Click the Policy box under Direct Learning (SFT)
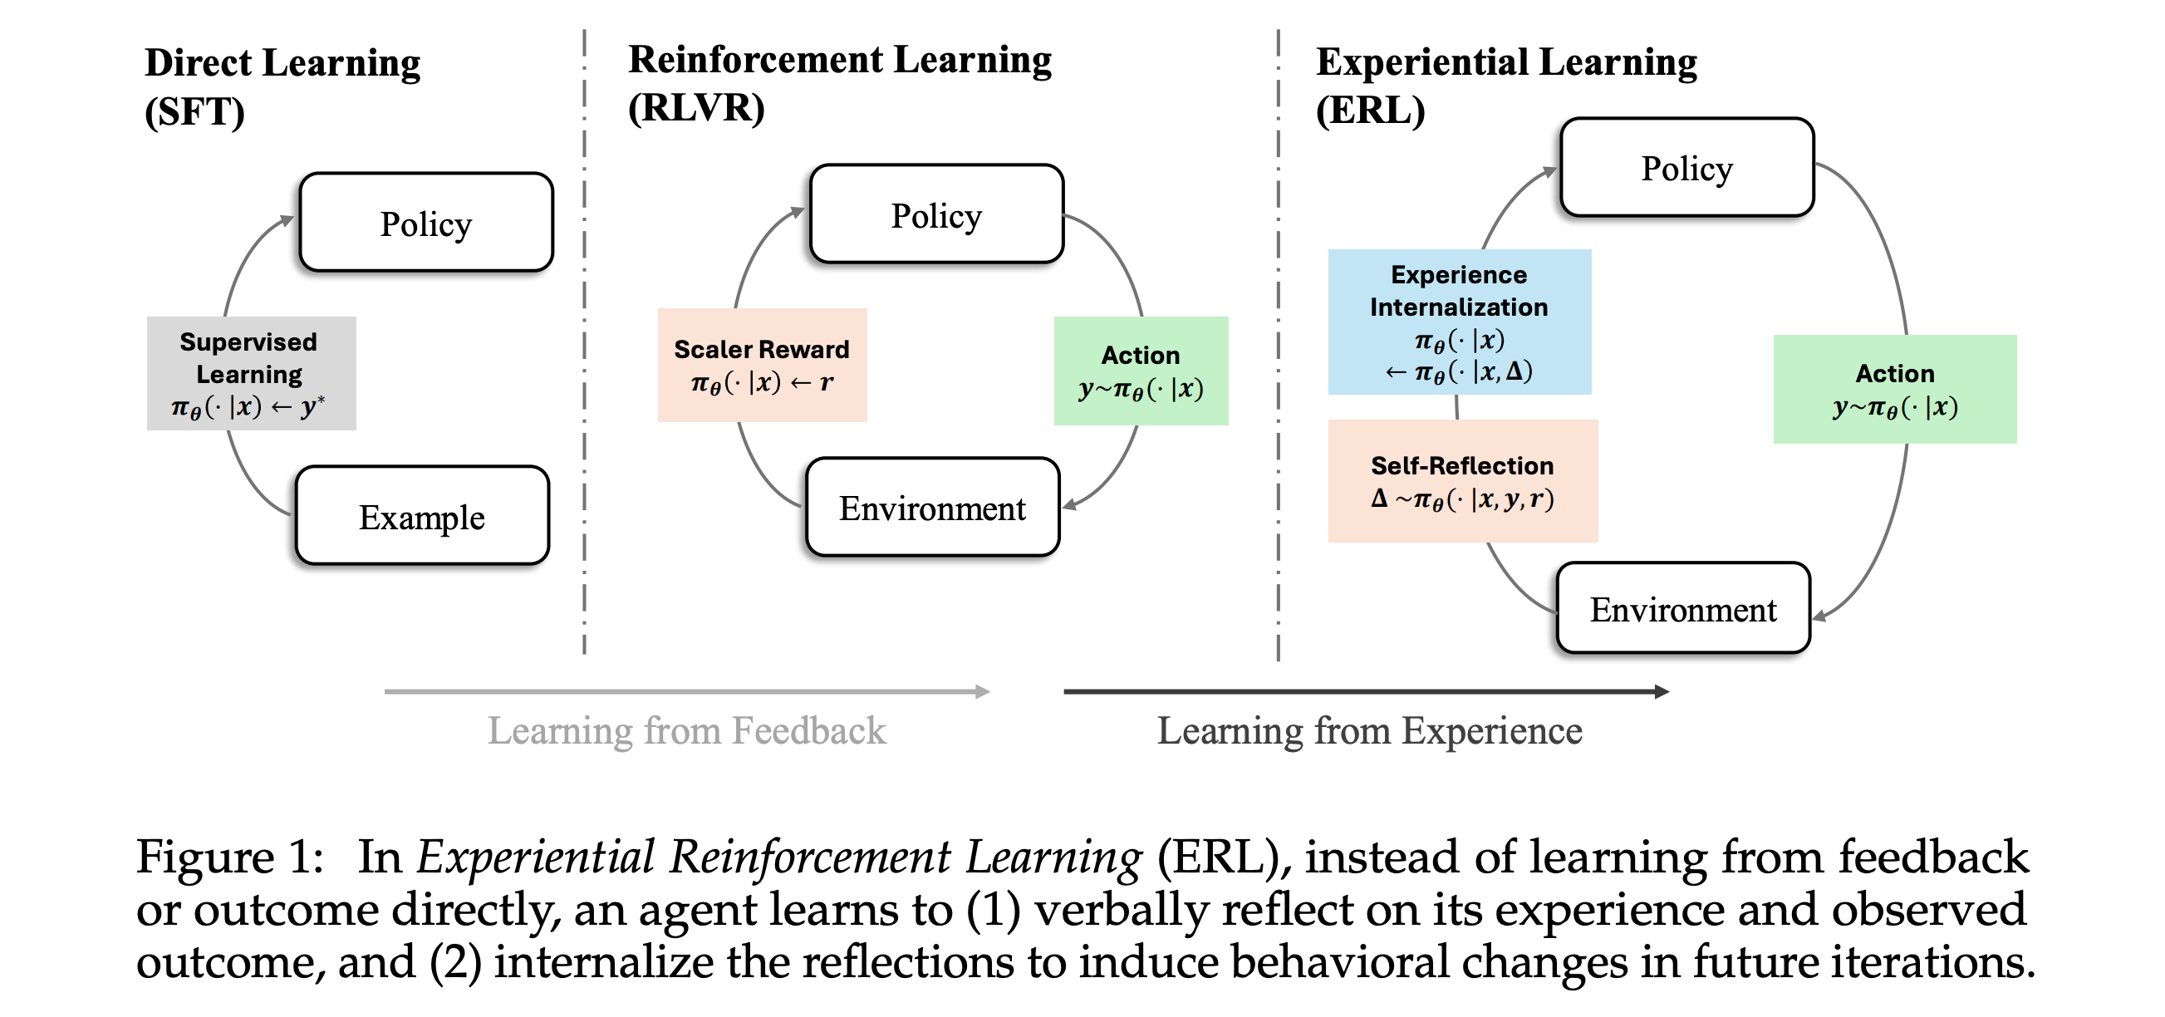pyautogui.click(x=426, y=223)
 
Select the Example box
pyautogui.click(x=422, y=516)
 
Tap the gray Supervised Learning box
pyautogui.click(x=250, y=373)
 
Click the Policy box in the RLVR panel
pyautogui.click(x=936, y=214)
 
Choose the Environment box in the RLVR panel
pyautogui.click(x=932, y=508)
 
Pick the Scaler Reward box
pyautogui.click(x=762, y=365)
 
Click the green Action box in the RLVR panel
pyautogui.click(x=1141, y=371)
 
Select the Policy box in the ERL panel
pyautogui.click(x=1686, y=167)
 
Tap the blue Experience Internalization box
pyautogui.click(x=1459, y=322)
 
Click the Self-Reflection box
pyautogui.click(x=1462, y=481)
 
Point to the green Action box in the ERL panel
pyautogui.click(x=1894, y=389)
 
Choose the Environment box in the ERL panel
pyautogui.click(x=1682, y=608)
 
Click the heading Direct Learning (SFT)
pyautogui.click(x=282, y=86)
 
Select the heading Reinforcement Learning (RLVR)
pyautogui.click(x=839, y=82)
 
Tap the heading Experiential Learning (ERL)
pyautogui.click(x=1505, y=85)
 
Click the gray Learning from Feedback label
pyautogui.click(x=687, y=730)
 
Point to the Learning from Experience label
pyautogui.click(x=1369, y=730)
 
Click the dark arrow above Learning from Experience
pyautogui.click(x=1366, y=692)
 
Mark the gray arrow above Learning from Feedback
pyautogui.click(x=687, y=692)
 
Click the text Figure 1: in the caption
pyautogui.click(x=229, y=857)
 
